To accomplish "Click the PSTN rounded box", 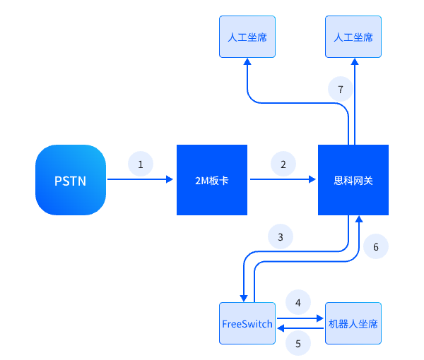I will tap(71, 180).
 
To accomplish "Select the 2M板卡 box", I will tap(212, 180).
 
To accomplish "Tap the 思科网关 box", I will tap(353, 180).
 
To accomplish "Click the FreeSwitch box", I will tap(247, 323).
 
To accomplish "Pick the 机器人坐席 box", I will tap(353, 323).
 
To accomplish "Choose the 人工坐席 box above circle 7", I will tap(353, 37).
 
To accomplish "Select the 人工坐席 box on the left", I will tap(247, 37).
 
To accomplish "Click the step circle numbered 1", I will tap(141, 164).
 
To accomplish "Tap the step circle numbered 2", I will tap(283, 164).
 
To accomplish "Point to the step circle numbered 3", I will tap(281, 237).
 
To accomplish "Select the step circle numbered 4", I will tap(298, 302).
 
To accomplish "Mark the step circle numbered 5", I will tap(298, 344).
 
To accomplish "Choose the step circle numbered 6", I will tap(376, 246).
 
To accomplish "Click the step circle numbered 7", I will tap(341, 89).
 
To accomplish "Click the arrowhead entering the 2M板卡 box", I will tap(170, 180).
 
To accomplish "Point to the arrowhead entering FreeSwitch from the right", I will tap(281, 329).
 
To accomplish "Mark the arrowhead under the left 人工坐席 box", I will tap(247, 62).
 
